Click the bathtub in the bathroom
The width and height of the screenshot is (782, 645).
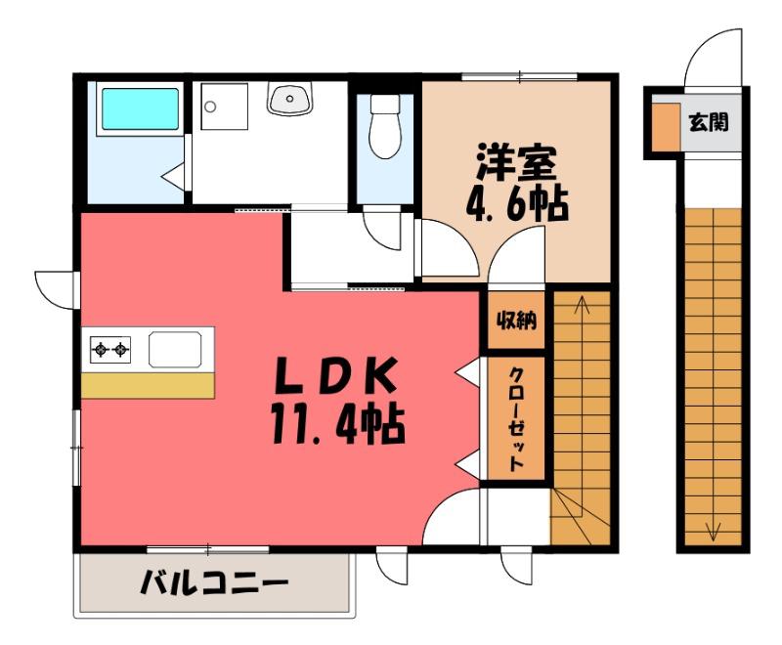coord(140,109)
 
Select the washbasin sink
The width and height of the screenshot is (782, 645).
coord(289,98)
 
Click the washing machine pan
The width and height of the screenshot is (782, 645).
coord(224,107)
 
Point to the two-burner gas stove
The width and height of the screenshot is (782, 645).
coord(110,350)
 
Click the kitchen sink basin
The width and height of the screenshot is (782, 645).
coord(175,350)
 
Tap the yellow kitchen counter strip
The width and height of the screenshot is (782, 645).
coord(148,385)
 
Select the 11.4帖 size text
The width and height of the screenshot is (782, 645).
coord(337,423)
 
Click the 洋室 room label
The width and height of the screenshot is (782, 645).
coord(516,161)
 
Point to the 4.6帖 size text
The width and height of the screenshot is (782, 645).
coord(517,203)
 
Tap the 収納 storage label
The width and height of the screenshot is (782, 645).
coord(516,320)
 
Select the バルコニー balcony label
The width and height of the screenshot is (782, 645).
coord(214,582)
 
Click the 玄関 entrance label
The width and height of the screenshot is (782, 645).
coord(709,122)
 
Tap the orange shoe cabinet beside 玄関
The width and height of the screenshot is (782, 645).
coord(667,126)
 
